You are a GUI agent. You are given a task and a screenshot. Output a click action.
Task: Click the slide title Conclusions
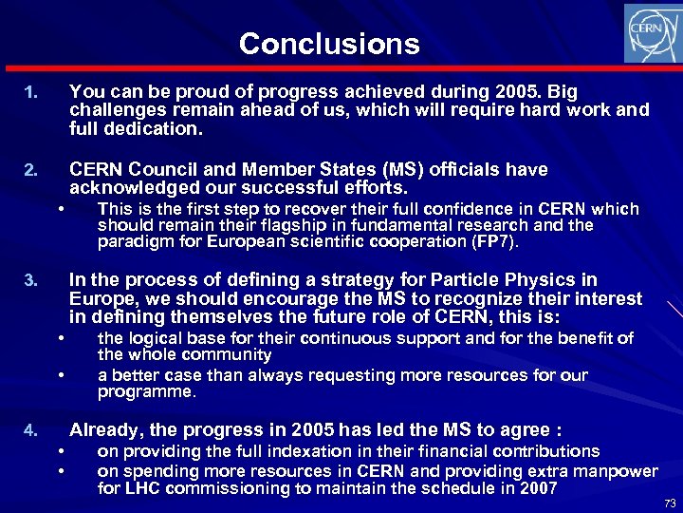pyautogui.click(x=329, y=44)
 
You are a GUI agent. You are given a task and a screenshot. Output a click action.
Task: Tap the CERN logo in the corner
pyautogui.click(x=650, y=33)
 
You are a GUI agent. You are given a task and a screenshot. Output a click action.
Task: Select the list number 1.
pyautogui.click(x=31, y=93)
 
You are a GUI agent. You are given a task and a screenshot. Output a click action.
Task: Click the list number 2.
pyautogui.click(x=31, y=171)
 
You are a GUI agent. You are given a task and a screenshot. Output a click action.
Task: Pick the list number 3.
pyautogui.click(x=31, y=281)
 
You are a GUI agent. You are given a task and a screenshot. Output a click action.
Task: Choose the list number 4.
pyautogui.click(x=31, y=429)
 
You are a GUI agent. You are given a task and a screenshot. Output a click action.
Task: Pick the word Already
pyautogui.click(x=104, y=428)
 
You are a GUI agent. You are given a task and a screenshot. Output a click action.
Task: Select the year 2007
pyautogui.click(x=537, y=488)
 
